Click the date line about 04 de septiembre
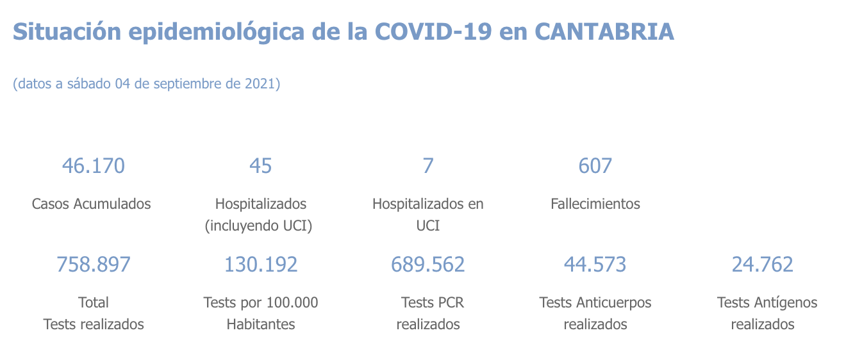click(147, 84)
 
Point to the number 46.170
click(93, 166)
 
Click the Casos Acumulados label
click(92, 204)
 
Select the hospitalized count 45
click(261, 166)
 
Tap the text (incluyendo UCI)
click(258, 226)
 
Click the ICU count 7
click(428, 166)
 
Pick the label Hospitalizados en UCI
click(428, 215)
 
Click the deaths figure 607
click(595, 166)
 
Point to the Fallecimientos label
click(595, 204)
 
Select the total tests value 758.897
click(94, 264)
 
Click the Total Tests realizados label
click(94, 313)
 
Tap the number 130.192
click(261, 264)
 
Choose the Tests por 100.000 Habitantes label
click(261, 313)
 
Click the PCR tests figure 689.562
click(428, 264)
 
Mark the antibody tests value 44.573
click(595, 264)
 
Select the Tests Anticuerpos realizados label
click(595, 313)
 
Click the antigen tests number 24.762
click(763, 264)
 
